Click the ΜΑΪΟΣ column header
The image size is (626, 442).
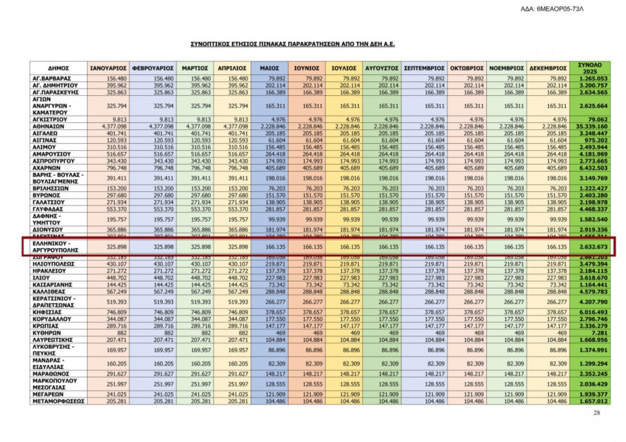click(x=269, y=69)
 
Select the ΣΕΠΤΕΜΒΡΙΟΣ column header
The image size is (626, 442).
click(x=424, y=69)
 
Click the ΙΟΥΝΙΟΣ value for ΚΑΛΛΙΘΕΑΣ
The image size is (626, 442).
click(x=308, y=292)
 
